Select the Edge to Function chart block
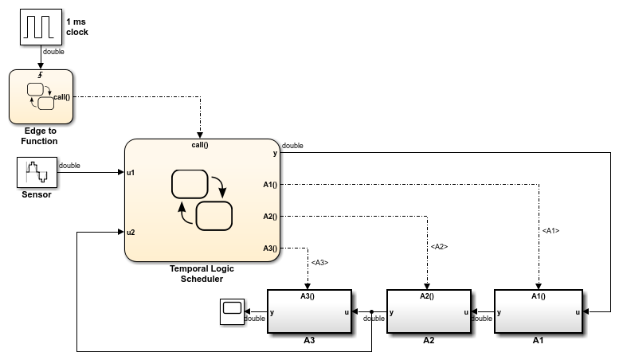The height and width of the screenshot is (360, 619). point(41,96)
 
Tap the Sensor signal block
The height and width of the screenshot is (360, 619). point(36,172)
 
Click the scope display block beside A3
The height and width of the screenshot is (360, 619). point(232,312)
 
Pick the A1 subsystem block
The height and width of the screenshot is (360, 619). point(538,312)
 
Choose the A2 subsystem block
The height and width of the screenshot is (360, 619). point(427,312)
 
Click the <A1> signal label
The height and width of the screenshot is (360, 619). point(550,231)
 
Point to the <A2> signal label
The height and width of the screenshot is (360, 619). point(439,247)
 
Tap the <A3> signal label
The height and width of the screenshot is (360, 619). point(319,262)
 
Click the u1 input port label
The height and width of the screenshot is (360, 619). point(131,171)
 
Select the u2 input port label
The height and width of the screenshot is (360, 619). point(131,233)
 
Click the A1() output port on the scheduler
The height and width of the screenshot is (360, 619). point(270,186)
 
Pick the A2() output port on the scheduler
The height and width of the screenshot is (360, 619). point(270,216)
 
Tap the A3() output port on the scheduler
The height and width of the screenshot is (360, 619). point(270,248)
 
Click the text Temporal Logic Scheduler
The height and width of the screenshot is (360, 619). point(202,273)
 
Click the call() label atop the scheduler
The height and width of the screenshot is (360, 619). point(200,145)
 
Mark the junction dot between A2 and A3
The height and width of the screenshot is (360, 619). point(371,312)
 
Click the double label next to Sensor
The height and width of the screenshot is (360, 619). point(69,166)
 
